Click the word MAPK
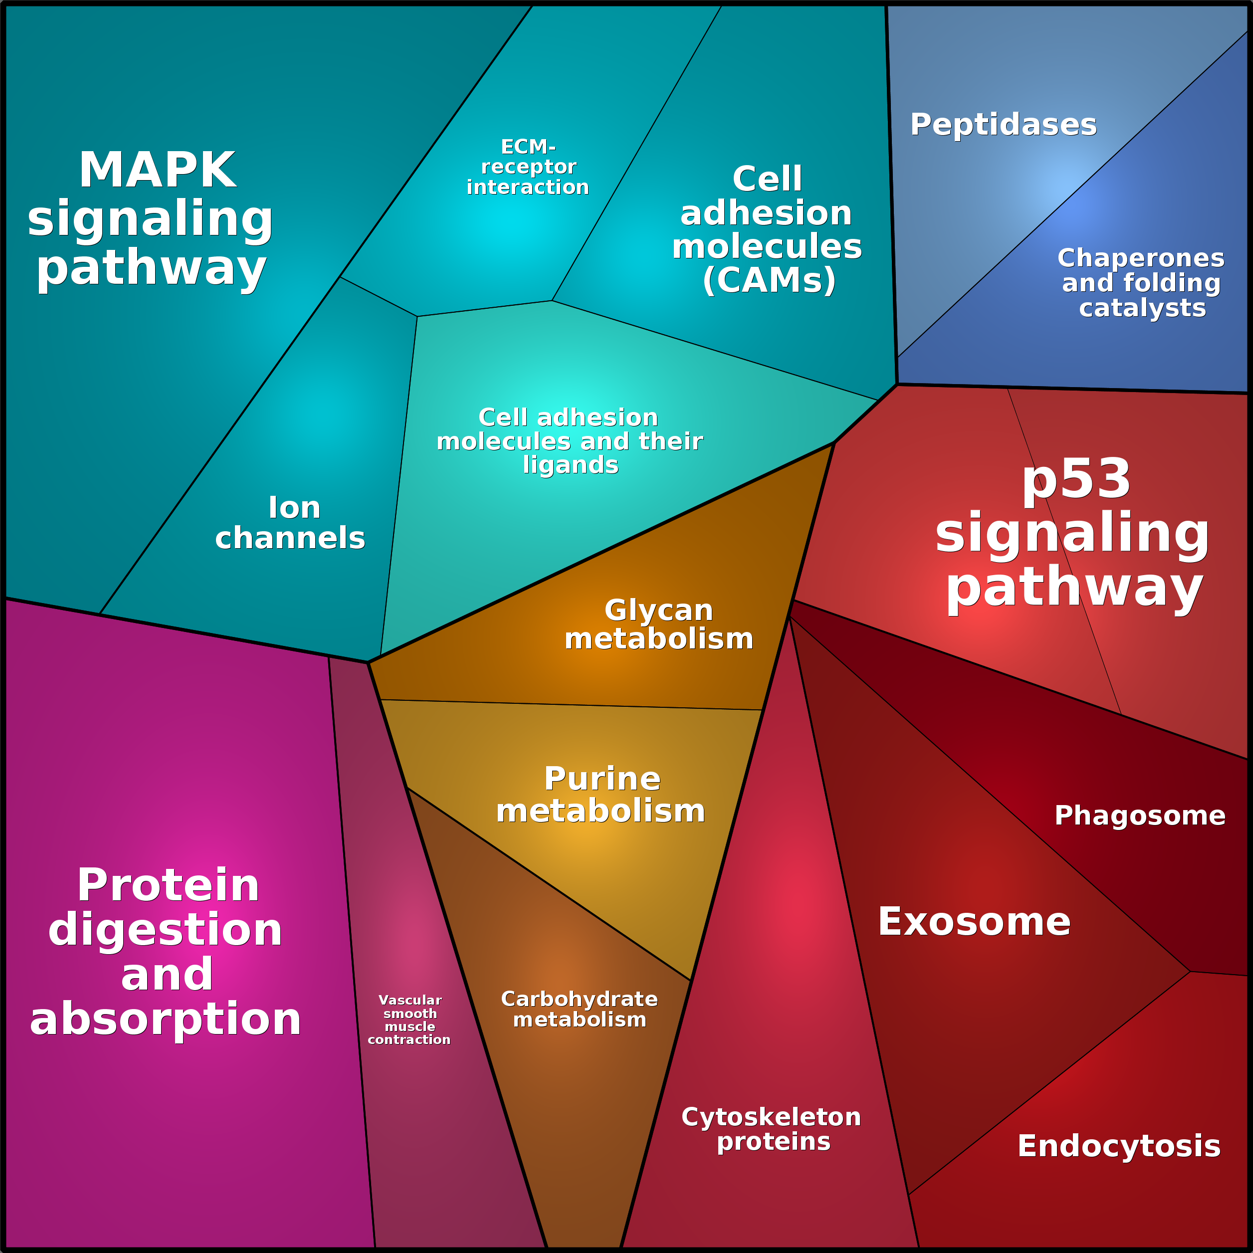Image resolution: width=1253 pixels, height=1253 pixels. (x=158, y=171)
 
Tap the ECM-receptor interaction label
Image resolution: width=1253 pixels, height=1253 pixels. (x=528, y=167)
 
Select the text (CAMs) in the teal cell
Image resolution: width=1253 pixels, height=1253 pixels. (x=769, y=280)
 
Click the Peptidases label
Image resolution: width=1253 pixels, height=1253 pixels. (x=1003, y=125)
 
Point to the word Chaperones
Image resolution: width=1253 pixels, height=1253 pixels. (x=1141, y=258)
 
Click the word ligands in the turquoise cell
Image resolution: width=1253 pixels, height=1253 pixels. (x=571, y=464)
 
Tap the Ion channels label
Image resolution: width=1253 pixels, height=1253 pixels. (x=290, y=523)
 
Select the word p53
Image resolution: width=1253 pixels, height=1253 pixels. (x=1076, y=479)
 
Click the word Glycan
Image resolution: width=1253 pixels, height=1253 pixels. (x=658, y=610)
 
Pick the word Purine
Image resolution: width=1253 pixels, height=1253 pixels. (x=602, y=779)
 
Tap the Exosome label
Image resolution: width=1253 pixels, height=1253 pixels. (x=974, y=922)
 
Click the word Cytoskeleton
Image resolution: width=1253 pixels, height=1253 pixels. (x=771, y=1117)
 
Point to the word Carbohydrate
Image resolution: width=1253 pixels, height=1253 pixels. (x=579, y=999)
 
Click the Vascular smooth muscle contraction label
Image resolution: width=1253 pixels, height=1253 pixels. (x=409, y=1020)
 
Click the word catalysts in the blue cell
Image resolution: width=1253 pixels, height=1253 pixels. (x=1142, y=308)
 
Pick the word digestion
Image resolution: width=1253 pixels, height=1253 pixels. (x=166, y=929)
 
